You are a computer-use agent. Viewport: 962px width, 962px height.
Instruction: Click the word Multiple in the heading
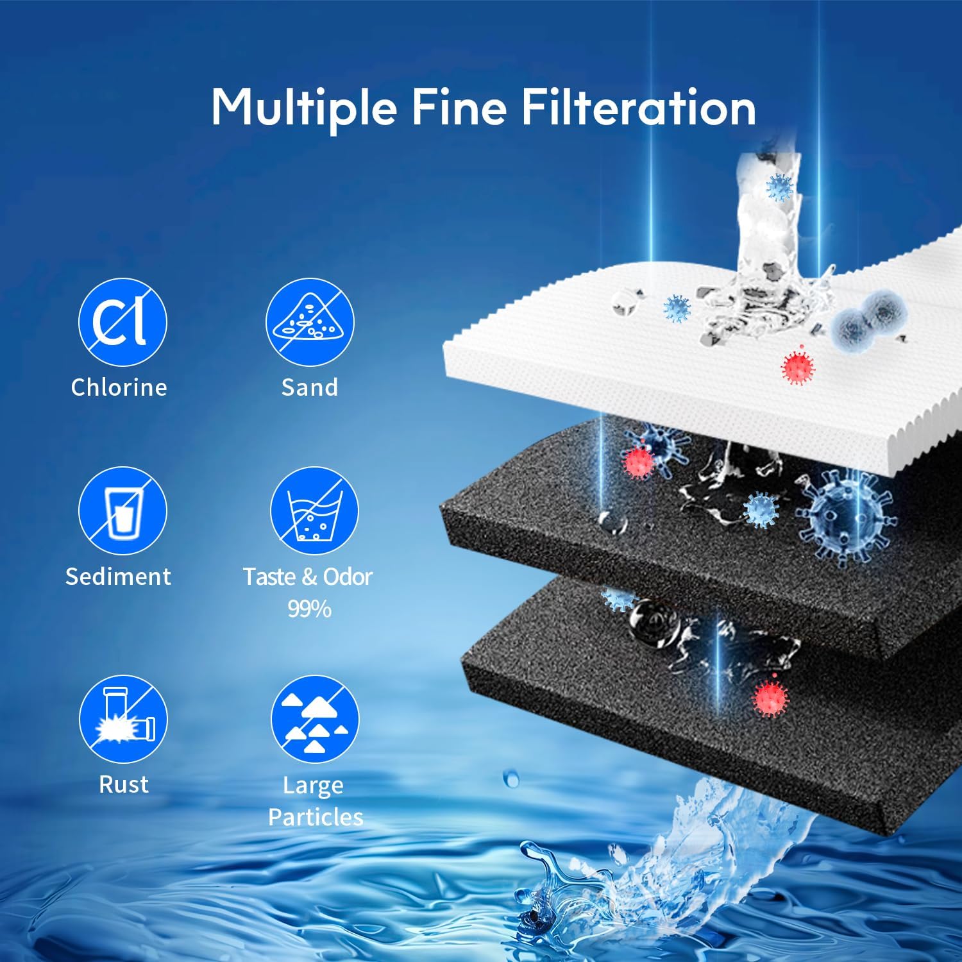click(303, 108)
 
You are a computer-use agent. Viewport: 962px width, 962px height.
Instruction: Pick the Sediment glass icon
click(122, 511)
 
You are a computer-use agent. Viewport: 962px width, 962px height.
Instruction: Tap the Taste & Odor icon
click(314, 511)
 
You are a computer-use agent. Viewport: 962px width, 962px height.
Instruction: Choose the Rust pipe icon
click(123, 719)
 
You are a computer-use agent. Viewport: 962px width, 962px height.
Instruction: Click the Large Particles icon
click(314, 719)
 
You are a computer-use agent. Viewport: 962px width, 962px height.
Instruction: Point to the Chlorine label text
click(119, 387)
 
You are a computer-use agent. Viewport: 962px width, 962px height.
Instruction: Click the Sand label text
click(310, 387)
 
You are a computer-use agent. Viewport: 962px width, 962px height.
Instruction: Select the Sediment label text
click(119, 576)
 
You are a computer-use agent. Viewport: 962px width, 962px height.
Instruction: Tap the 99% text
click(309, 608)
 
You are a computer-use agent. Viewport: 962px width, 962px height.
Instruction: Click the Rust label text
click(124, 784)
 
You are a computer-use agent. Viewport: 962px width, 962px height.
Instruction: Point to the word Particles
click(316, 816)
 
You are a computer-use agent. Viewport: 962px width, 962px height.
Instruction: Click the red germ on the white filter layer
click(798, 365)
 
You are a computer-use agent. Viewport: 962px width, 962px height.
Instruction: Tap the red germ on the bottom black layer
click(770, 696)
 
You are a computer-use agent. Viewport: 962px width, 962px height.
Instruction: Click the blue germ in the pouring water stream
click(780, 188)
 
